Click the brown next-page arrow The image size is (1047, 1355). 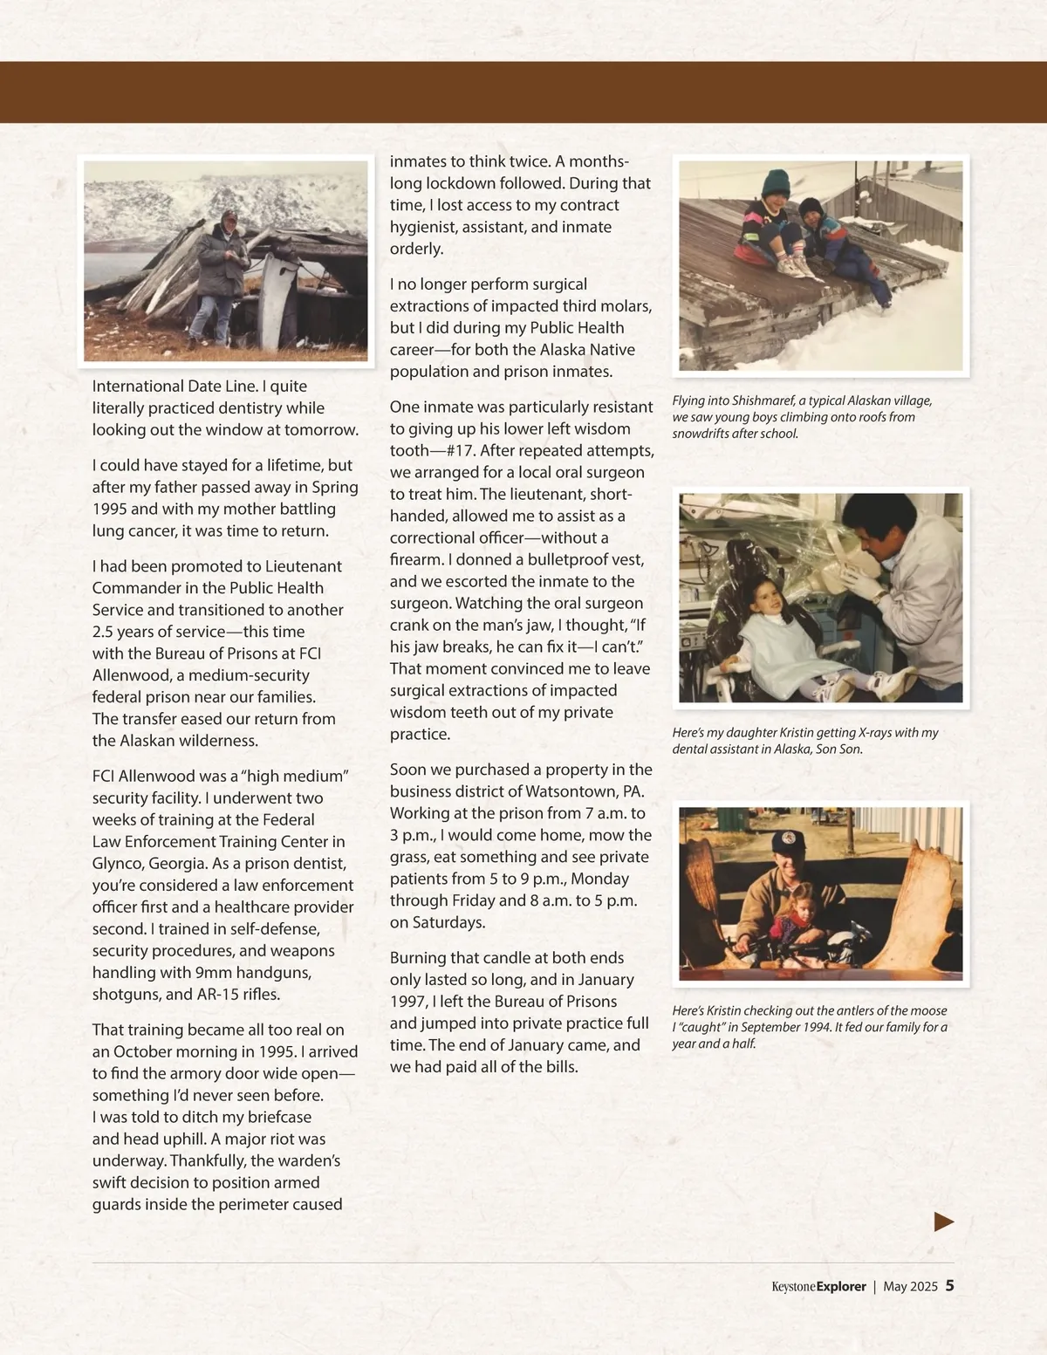pyautogui.click(x=943, y=1222)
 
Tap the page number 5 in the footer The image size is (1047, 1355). pyautogui.click(x=949, y=1286)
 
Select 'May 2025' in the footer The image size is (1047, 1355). pyautogui.click(x=910, y=1287)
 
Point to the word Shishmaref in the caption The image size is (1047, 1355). pyautogui.click(x=763, y=401)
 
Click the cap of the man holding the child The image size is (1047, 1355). pyautogui.click(x=791, y=842)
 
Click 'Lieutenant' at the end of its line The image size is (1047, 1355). pyautogui.click(x=303, y=566)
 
